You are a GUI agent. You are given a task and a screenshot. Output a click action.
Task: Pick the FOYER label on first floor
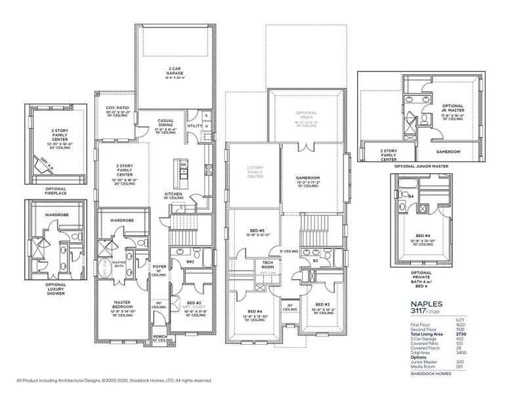pyautogui.click(x=159, y=267)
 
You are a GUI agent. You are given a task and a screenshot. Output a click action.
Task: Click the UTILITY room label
pyautogui.click(x=195, y=125)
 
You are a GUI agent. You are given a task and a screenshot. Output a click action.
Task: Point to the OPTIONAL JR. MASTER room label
pyautogui.click(x=452, y=110)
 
